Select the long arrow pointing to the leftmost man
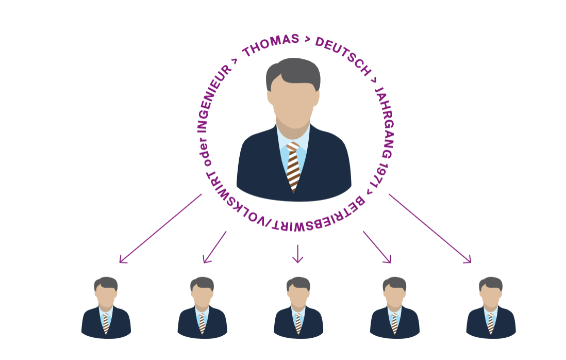tap(160, 228)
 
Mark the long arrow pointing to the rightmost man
tap(430, 228)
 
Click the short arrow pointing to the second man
tap(214, 247)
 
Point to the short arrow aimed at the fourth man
tap(377, 247)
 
